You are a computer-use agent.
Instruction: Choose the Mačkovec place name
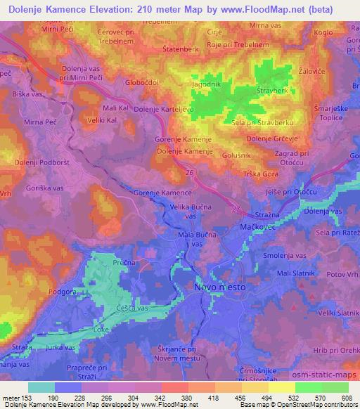[x=261, y=228]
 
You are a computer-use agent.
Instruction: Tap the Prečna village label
[x=105, y=261]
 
